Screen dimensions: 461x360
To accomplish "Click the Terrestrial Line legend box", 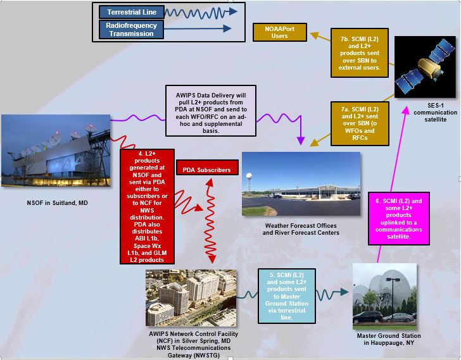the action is point(132,12).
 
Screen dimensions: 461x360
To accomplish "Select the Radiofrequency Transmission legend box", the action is point(132,29).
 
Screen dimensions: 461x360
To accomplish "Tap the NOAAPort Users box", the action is point(280,32).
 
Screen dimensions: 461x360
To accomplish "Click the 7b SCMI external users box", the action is point(359,53).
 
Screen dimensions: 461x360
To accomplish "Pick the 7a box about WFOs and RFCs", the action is point(360,123).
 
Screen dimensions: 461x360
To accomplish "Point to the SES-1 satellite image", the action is point(425,67).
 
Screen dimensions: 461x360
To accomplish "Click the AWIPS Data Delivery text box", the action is point(211,111).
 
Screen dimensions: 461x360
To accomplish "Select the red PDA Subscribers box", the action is point(207,168).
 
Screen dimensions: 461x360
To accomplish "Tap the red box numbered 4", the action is point(147,206).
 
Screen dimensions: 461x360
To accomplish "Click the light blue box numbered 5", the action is point(287,296).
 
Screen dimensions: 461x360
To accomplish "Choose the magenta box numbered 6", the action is point(399,218).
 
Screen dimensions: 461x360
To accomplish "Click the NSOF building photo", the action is point(56,151).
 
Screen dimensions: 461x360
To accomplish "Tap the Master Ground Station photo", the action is point(384,296).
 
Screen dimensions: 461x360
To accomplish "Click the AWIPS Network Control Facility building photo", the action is point(191,298).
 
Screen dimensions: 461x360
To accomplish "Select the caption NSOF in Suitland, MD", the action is point(58,203).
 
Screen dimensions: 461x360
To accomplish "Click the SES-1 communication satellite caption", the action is point(436,113).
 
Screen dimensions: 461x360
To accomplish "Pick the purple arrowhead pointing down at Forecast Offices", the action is point(300,140).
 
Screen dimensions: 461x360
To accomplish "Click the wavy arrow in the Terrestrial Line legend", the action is point(201,12).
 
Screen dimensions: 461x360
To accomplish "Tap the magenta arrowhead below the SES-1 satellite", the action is point(406,111).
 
